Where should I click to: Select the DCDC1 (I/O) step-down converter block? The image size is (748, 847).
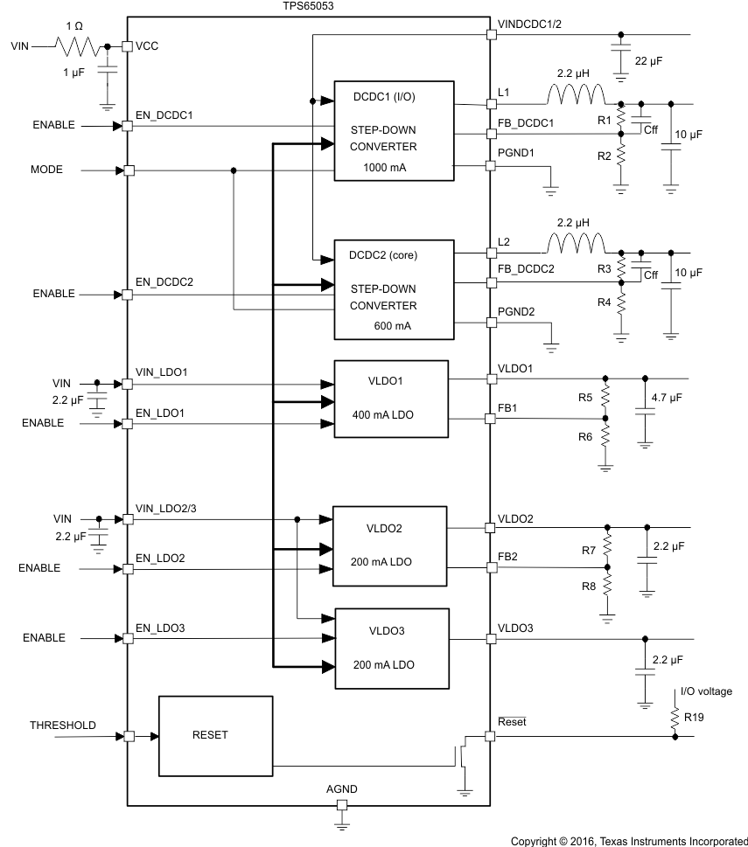tap(394, 131)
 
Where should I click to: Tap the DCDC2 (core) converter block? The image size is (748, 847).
tap(394, 290)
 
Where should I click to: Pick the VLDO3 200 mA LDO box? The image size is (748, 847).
tap(391, 647)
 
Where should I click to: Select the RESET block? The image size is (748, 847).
tap(210, 735)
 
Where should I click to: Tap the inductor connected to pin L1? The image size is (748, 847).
tap(575, 94)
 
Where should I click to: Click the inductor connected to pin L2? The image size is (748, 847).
tap(575, 243)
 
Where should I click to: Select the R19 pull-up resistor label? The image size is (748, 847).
tap(694, 716)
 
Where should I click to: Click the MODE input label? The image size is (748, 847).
tap(47, 170)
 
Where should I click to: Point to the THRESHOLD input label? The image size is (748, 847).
tap(63, 726)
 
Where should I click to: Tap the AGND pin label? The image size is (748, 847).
tap(341, 788)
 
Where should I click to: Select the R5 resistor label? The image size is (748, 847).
tap(585, 397)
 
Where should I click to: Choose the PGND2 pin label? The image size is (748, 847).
tap(515, 311)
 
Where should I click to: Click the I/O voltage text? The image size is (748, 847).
tap(707, 691)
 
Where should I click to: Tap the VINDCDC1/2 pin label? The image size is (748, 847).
tap(529, 24)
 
